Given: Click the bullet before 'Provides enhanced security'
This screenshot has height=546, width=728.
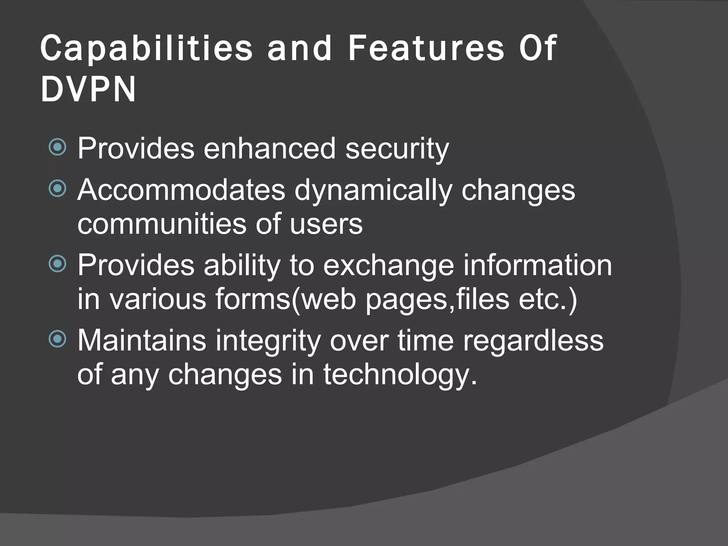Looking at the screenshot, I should pos(58,148).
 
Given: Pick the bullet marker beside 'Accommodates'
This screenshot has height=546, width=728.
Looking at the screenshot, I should pos(58,188).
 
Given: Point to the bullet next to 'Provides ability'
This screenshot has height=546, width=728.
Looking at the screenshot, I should pos(58,264).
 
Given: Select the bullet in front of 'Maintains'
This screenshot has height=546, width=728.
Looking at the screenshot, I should pos(58,339).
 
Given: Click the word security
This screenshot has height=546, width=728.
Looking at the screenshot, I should pos(397,149).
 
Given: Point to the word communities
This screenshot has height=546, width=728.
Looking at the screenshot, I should pos(162,224).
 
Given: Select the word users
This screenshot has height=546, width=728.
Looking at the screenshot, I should pos(326,224).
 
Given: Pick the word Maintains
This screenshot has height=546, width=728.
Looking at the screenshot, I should pos(141,340).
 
